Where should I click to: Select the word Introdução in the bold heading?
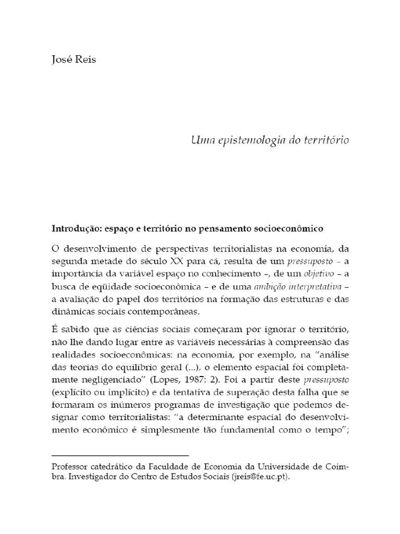pyautogui.click(x=74, y=229)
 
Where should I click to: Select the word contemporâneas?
pyautogui.click(x=172, y=311)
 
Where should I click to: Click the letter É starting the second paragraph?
pyautogui.click(x=54, y=330)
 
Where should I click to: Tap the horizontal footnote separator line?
pyautogui.click(x=120, y=455)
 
